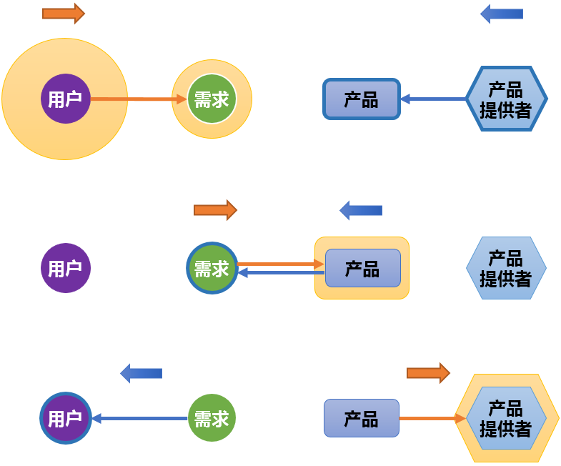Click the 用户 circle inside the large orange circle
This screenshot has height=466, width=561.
[65, 99]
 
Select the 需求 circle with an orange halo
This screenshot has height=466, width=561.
[212, 99]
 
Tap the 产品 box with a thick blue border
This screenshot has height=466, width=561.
[361, 99]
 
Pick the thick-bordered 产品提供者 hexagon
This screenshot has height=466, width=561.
[506, 99]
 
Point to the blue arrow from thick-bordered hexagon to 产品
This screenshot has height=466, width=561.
[433, 99]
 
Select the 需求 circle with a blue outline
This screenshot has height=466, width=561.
[212, 268]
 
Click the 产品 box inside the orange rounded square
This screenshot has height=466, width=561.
[362, 268]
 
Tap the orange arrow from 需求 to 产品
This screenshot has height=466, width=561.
[280, 264]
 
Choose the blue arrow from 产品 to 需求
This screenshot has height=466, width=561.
[280, 272]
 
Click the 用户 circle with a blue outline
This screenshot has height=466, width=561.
[65, 418]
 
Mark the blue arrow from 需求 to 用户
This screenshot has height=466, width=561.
[139, 418]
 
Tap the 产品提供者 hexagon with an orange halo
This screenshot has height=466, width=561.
[506, 418]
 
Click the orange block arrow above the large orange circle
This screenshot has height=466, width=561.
[63, 13]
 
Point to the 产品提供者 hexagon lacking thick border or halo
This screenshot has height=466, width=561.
[506, 268]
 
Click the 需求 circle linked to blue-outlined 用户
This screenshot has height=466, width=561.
[212, 418]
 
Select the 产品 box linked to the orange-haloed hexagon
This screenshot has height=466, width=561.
[361, 418]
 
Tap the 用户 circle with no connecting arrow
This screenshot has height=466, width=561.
[65, 268]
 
